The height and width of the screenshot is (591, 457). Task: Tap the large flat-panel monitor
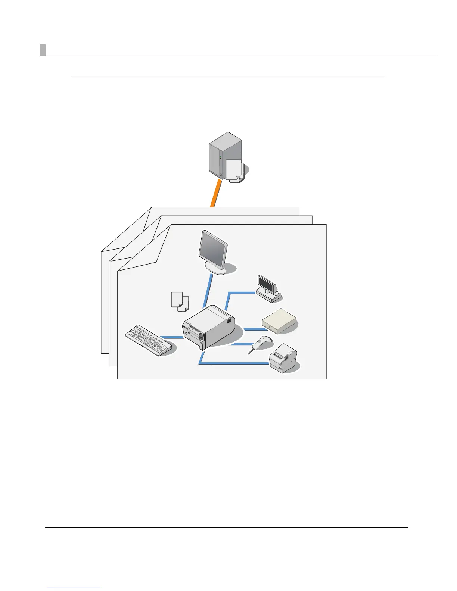[x=213, y=248]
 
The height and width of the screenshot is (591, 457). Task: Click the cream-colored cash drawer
[x=279, y=320]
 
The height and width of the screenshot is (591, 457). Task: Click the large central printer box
[x=209, y=326]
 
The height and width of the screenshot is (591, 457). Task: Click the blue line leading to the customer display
[x=241, y=293]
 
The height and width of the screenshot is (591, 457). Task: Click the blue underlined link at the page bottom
[x=74, y=588]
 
